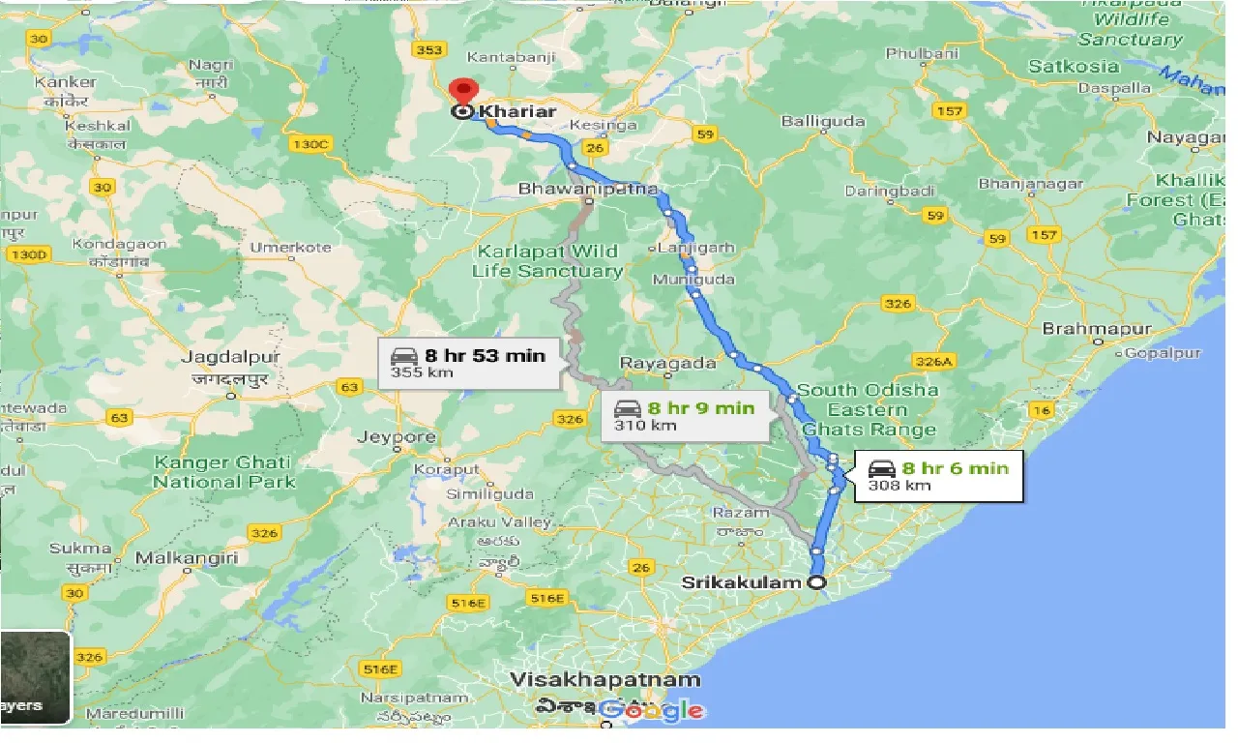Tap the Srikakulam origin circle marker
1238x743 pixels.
click(817, 582)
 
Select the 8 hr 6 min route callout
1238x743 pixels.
click(936, 476)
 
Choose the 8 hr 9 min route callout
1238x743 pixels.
click(684, 416)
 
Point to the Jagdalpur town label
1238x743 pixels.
click(231, 357)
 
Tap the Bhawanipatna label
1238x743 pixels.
click(588, 189)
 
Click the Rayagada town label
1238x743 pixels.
click(668, 364)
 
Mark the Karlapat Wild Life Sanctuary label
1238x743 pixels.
click(547, 261)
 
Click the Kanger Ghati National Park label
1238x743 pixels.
click(224, 472)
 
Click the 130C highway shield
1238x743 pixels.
click(309, 144)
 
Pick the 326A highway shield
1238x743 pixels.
click(934, 361)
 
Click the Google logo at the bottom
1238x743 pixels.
click(652, 711)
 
